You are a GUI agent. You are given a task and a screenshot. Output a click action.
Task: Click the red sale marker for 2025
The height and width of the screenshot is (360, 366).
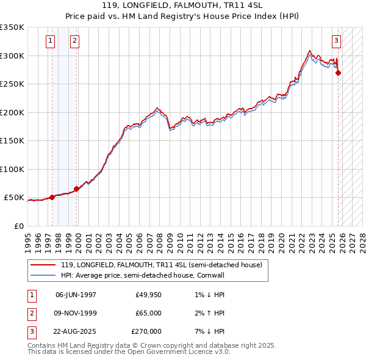click(x=339, y=73)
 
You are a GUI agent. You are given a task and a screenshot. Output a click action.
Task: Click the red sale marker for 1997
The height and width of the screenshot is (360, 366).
click(x=52, y=197)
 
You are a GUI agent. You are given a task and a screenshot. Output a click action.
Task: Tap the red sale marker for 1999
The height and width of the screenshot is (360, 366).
click(x=77, y=189)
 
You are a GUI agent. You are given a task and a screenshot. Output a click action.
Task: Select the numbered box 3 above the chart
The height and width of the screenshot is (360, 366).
click(x=336, y=41)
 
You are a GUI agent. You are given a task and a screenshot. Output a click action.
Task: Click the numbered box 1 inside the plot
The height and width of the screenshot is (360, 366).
click(x=50, y=41)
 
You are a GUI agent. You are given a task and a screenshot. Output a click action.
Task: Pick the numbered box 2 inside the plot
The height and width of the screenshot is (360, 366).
click(x=74, y=41)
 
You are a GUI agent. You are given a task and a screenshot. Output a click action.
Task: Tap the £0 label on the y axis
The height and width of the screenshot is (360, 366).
click(x=18, y=226)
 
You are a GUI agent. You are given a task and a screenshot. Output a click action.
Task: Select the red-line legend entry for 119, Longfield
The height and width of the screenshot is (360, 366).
click(x=161, y=265)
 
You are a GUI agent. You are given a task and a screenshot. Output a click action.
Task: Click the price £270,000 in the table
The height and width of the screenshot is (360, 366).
click(x=146, y=331)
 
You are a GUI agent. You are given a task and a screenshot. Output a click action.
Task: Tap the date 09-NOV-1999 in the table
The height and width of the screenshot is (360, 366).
click(x=76, y=313)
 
